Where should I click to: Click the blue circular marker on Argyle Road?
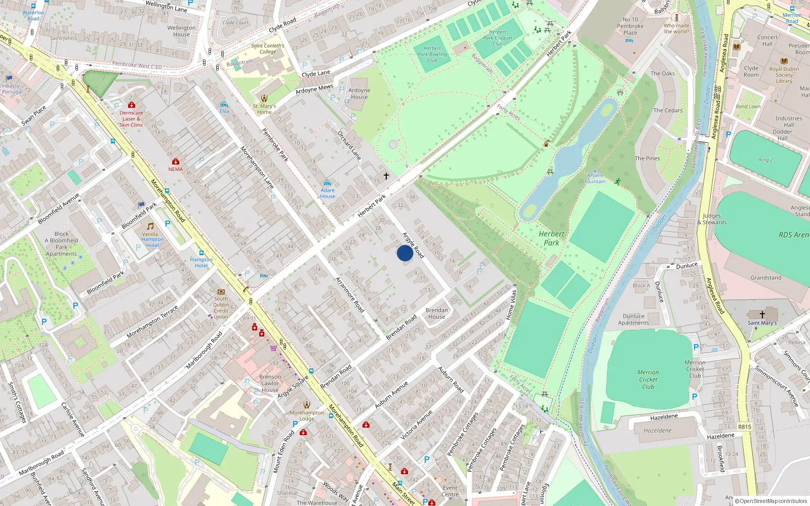coord(404,253)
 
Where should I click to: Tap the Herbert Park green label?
coord(551,238)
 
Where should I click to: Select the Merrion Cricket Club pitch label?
coord(648,379)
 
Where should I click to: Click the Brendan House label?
coord(436,313)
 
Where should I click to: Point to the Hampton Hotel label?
coord(201,262)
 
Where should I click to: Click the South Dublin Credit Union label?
coord(221,308)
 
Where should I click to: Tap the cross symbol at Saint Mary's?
coord(762,315)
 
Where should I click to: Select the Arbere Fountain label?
coord(595,178)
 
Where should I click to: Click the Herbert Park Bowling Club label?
coord(432,54)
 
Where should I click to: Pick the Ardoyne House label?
coord(359,94)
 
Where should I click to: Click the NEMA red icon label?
coord(176,169)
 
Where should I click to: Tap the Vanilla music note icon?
coord(150,226)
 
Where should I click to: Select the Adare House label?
coord(327,193)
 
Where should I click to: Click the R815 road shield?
coord(744,427)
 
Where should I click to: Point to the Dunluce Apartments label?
coord(633,319)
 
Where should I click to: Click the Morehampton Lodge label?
coord(307,415)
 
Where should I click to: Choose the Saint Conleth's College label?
coord(268,49)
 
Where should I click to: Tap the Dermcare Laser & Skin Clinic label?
coord(131,119)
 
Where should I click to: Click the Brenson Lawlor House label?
coord(270,383)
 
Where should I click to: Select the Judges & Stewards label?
coord(712,219)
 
